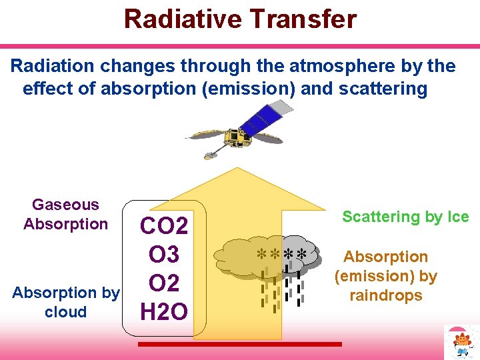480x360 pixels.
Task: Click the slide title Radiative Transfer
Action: click(240, 19)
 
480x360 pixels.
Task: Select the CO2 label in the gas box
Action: click(164, 225)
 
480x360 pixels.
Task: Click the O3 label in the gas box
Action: click(164, 254)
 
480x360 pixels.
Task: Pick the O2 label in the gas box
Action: click(164, 283)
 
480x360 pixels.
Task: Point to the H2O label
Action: click(164, 311)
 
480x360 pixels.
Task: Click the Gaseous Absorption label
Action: click(65, 214)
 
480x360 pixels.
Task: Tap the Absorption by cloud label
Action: click(65, 302)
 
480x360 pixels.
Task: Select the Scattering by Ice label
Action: click(405, 217)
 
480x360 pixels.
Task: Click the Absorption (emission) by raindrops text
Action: click(385, 276)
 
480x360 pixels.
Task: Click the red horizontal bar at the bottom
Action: click(239, 344)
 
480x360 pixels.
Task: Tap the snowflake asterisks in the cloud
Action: click(282, 255)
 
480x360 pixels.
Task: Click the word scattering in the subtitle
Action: click(384, 89)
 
